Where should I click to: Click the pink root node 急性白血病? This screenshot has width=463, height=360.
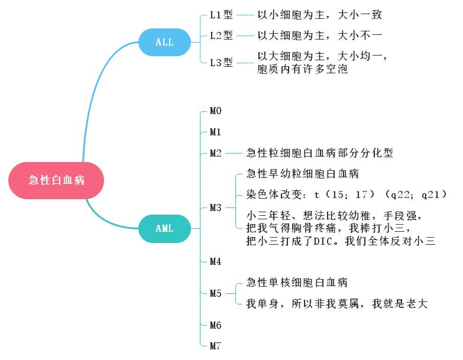(56, 180)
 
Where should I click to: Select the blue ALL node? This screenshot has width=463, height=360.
(164, 42)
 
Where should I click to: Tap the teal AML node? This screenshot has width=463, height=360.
(164, 229)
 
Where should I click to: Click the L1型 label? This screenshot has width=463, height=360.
(222, 14)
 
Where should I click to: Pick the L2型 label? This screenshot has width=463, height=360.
(222, 35)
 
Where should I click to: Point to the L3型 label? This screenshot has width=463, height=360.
(222, 62)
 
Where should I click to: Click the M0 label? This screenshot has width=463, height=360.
(215, 111)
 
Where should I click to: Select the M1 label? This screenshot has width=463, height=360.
(215, 132)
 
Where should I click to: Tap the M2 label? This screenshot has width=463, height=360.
(215, 153)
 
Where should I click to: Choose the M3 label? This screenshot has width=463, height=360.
(215, 207)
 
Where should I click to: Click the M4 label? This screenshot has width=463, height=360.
(215, 261)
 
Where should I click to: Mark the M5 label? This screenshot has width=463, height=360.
(215, 293)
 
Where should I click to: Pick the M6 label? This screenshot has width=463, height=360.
(215, 325)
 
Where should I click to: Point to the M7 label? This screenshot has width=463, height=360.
(215, 346)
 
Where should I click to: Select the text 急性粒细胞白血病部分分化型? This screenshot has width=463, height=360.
(319, 153)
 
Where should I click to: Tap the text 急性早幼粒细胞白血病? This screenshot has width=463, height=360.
(302, 174)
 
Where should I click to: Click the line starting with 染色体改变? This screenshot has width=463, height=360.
(346, 194)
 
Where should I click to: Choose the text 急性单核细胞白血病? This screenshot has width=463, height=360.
(297, 282)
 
